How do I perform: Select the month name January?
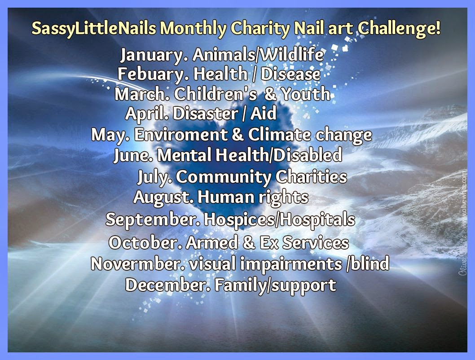tap(154, 55)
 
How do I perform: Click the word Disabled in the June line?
tap(308, 155)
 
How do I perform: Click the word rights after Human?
tap(282, 198)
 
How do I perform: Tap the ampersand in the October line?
tap(251, 243)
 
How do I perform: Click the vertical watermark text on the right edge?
tap(462, 224)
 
